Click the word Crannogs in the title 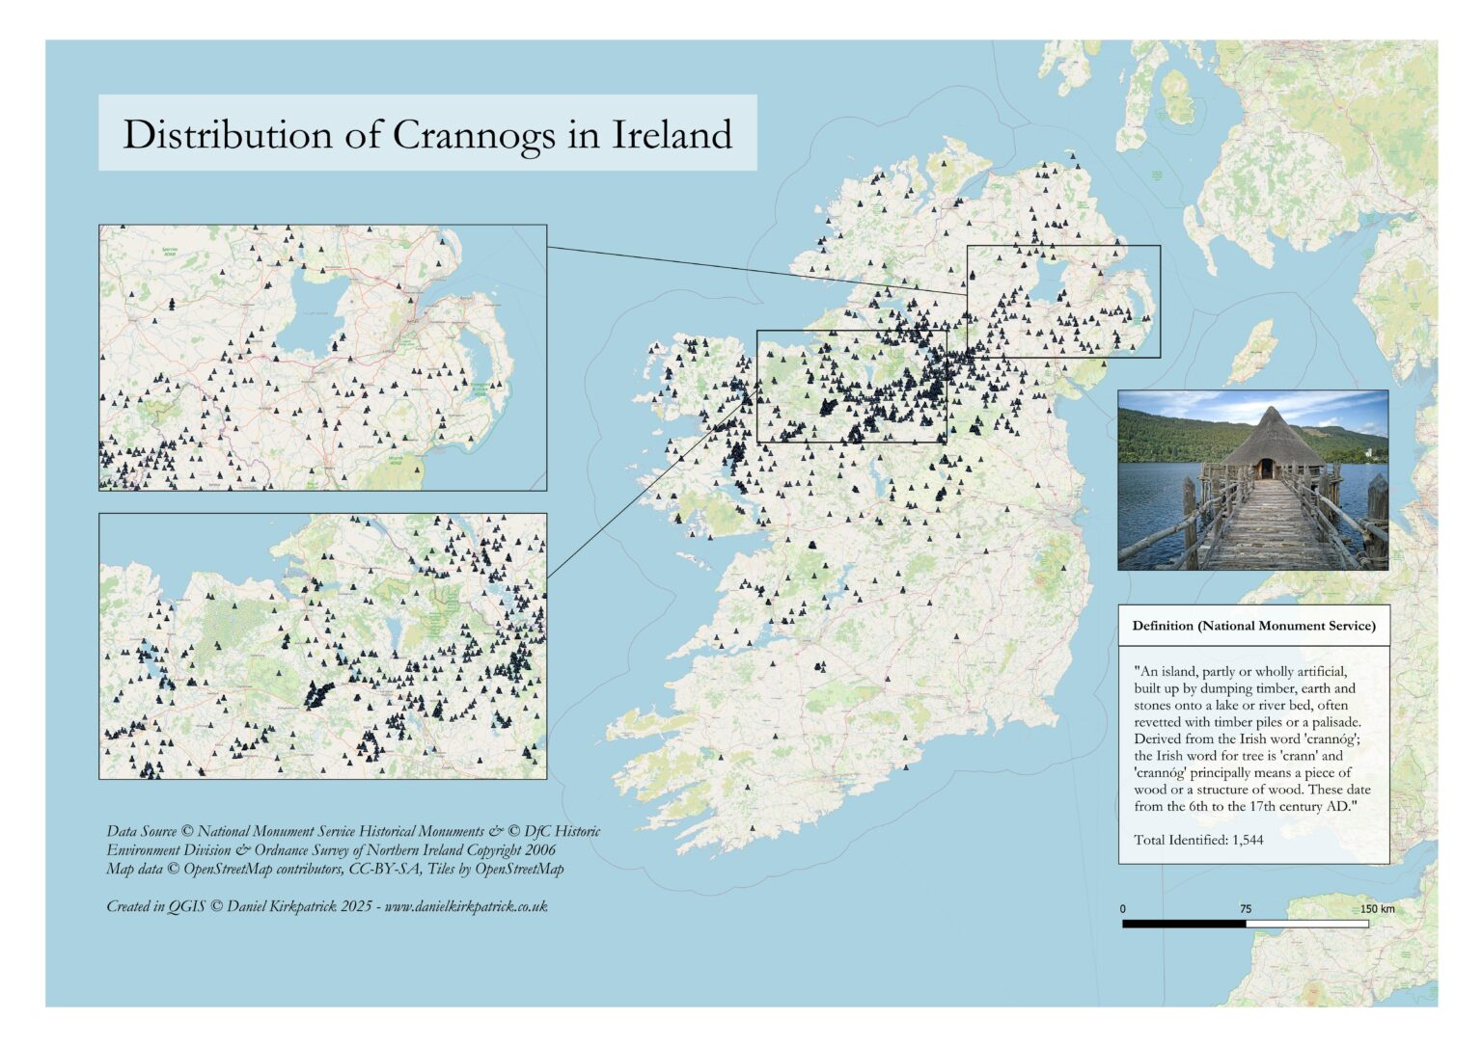(473, 135)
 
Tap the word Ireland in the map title (672, 135)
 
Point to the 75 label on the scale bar (1245, 909)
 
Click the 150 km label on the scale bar (1377, 909)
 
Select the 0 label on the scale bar (1122, 909)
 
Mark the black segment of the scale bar (1184, 924)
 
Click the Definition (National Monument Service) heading (1253, 626)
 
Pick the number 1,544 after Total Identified (1248, 840)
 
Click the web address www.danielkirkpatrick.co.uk (466, 906)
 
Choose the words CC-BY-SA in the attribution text (386, 869)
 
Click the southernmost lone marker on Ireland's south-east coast (907, 767)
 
